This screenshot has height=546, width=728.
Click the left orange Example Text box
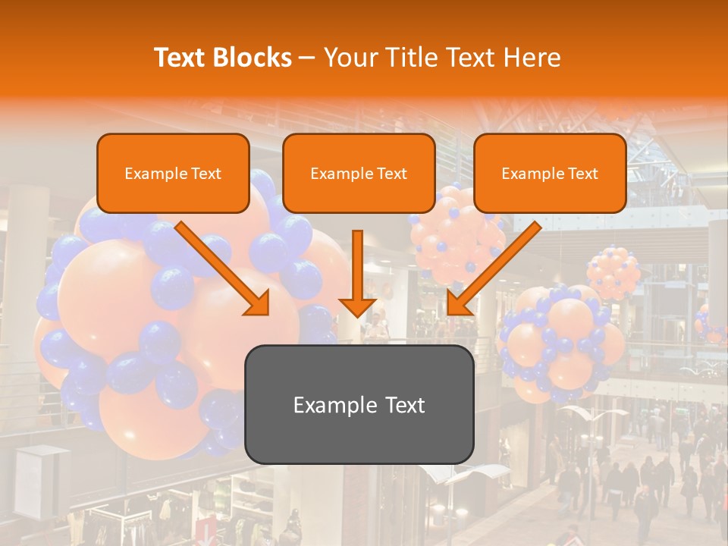click(173, 174)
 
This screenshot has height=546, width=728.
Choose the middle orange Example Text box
click(359, 174)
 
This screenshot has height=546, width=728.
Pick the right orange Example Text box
click(550, 174)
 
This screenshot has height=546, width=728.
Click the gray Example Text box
click(359, 405)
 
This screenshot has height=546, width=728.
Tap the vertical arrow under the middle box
click(357, 273)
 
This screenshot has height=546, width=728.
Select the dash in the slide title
click(307, 58)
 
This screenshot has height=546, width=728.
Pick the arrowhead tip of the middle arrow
click(357, 315)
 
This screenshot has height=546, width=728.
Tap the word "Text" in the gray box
click(405, 405)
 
